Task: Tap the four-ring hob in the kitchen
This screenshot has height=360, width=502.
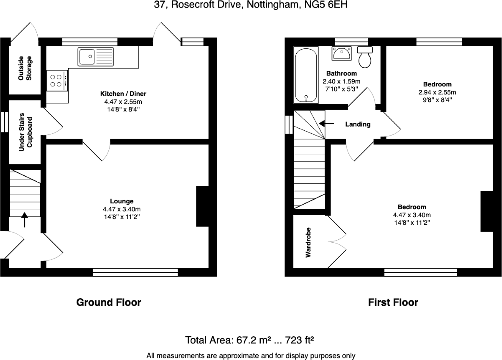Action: [x=55, y=80]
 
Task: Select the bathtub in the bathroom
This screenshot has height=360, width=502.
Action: [x=306, y=75]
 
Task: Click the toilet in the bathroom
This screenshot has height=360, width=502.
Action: [x=365, y=57]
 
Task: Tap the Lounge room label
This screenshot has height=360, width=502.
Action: [x=122, y=201]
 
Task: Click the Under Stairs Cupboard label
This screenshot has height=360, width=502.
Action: [x=25, y=132]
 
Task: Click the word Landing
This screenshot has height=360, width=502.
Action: [x=358, y=124]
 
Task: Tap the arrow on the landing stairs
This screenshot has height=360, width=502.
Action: [x=326, y=124]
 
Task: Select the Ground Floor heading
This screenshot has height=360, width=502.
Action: [x=108, y=302]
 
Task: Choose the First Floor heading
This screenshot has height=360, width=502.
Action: [x=393, y=302]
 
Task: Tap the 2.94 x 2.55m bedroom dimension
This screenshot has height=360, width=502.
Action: [x=437, y=92]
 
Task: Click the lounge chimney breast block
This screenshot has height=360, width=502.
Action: [x=202, y=206]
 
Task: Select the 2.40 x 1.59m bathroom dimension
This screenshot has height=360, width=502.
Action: [x=341, y=81]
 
